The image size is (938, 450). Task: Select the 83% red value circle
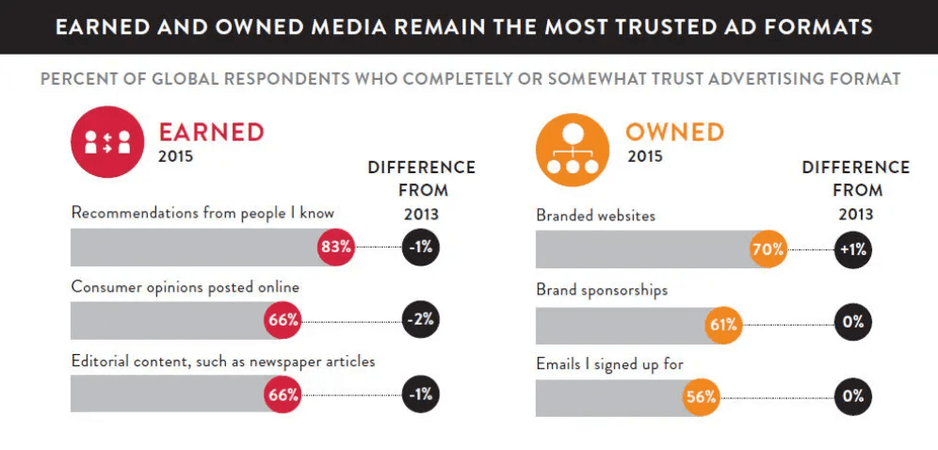pos(335,248)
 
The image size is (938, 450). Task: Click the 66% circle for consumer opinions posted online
pos(283,320)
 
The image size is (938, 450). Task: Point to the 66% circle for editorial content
pos(283,394)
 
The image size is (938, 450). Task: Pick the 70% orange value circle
pos(768,250)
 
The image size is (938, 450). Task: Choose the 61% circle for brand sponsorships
pos(723,326)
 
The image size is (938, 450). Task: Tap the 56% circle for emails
pos(702,396)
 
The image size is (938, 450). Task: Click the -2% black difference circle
pos(420,319)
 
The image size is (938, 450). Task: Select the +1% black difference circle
pos(853,250)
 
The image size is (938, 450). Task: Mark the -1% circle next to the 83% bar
pos(420,248)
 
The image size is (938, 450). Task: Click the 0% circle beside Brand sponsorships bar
pos(853,322)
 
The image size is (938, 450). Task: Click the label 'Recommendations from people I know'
pos(202,213)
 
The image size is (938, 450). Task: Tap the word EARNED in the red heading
pos(211,132)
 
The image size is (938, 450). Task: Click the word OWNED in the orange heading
pos(675,132)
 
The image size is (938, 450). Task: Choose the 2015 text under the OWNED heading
pos(645,156)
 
